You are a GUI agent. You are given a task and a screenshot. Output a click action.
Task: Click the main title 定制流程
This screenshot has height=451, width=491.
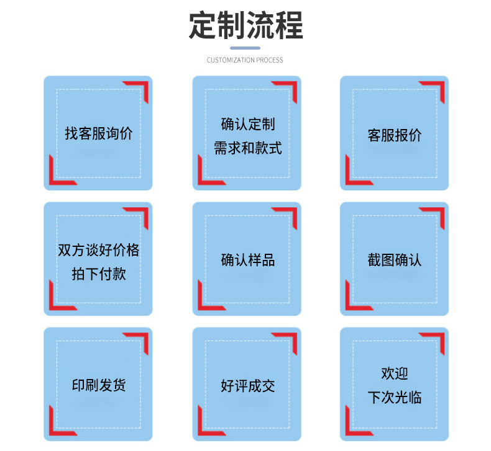(245, 25)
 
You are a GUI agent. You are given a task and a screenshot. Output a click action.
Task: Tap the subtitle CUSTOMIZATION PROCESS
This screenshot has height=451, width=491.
(245, 60)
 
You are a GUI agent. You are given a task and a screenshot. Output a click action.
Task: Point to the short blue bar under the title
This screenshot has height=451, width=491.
(245, 48)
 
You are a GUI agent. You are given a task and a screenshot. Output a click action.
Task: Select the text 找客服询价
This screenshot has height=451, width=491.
(98, 133)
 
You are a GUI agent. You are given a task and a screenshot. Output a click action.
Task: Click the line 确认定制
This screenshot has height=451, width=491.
(247, 124)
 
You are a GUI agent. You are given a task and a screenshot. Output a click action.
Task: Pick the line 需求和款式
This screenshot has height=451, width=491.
(247, 148)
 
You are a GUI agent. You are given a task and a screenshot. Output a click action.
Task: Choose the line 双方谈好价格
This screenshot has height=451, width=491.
(98, 250)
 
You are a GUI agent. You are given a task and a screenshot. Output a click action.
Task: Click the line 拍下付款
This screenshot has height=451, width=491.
(98, 274)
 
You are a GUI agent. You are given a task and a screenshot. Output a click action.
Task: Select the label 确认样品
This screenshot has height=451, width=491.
(247, 260)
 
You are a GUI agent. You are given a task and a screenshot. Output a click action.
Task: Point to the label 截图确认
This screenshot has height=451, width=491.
(395, 260)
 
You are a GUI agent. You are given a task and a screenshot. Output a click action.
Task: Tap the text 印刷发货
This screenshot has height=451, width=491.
(98, 385)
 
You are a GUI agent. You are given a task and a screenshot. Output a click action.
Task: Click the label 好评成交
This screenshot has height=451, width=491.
(247, 386)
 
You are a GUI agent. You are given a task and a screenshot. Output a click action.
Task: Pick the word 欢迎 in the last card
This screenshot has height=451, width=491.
(395, 373)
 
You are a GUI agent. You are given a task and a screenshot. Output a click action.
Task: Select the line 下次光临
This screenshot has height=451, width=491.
(395, 398)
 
